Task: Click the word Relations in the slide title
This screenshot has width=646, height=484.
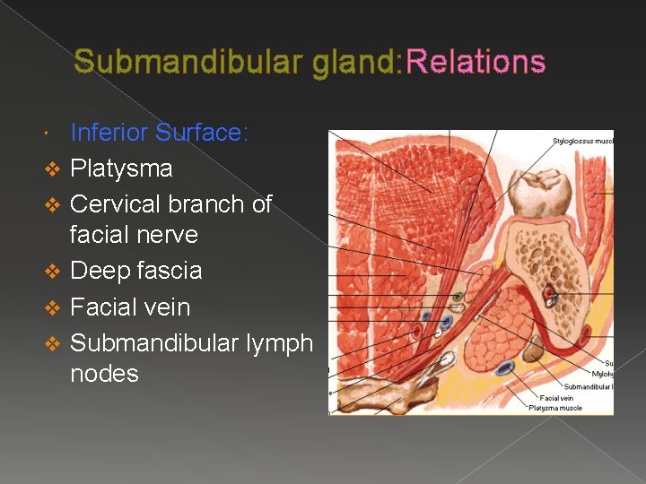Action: click(476, 62)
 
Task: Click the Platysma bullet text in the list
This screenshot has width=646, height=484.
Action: click(121, 169)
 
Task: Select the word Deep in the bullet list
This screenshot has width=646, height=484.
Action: click(98, 271)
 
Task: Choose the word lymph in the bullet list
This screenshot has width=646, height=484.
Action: click(275, 343)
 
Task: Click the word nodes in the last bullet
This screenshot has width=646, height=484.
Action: click(104, 373)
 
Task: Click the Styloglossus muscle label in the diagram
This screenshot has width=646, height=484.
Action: click(582, 140)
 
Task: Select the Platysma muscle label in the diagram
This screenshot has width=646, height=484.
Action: click(555, 408)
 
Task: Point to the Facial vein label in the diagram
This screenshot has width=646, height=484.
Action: click(556, 398)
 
